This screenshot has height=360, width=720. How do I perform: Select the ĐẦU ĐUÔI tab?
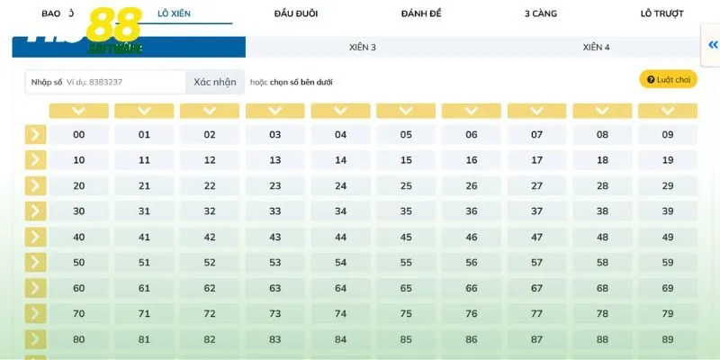pyautogui.click(x=296, y=13)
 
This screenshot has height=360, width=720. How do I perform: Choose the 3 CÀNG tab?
pyautogui.click(x=540, y=13)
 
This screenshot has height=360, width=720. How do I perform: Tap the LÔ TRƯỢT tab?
pyautogui.click(x=661, y=13)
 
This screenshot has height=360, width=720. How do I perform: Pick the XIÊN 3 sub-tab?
pyautogui.click(x=362, y=47)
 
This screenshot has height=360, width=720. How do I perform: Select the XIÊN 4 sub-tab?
pyautogui.click(x=596, y=47)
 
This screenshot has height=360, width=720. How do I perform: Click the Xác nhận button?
pyautogui.click(x=215, y=82)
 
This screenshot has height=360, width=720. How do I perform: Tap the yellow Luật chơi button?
pyautogui.click(x=668, y=80)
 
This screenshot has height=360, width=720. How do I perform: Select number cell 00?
pyautogui.click(x=79, y=135)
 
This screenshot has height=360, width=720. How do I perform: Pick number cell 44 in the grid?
pyautogui.click(x=340, y=237)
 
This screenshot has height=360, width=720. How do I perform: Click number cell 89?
pyautogui.click(x=668, y=339)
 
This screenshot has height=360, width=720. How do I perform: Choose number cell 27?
pyautogui.click(x=537, y=185)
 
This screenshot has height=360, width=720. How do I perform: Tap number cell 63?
pyautogui.click(x=275, y=288)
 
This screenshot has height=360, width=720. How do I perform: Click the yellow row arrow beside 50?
pyautogui.click(x=35, y=262)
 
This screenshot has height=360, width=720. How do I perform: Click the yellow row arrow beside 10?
pyautogui.click(x=35, y=160)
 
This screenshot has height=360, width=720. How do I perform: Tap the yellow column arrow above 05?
pyautogui.click(x=406, y=111)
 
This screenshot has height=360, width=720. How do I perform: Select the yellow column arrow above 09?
pyautogui.click(x=668, y=111)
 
